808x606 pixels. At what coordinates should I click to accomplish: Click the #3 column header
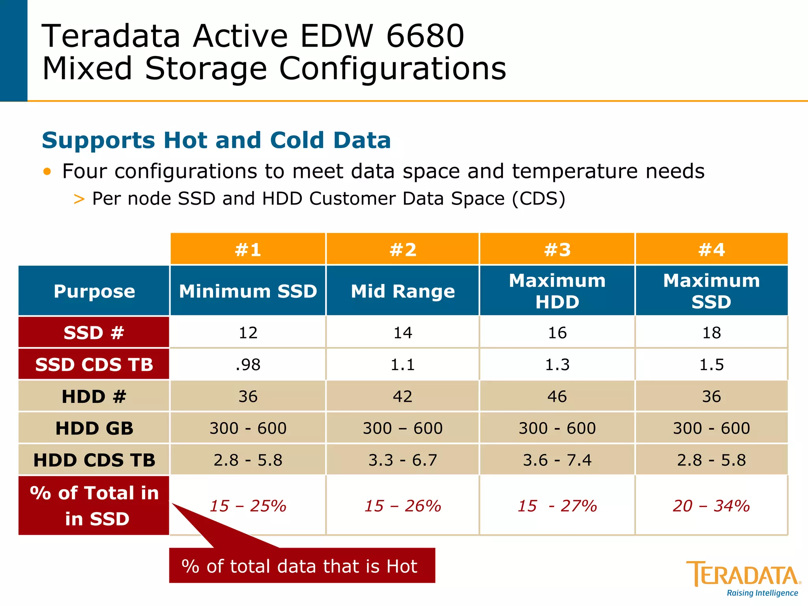click(x=557, y=249)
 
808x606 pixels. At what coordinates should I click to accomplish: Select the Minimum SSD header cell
click(x=248, y=291)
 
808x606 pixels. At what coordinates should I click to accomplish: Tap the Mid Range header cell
click(x=402, y=291)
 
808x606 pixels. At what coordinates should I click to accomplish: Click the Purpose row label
click(x=94, y=291)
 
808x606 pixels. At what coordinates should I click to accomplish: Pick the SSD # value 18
click(x=711, y=333)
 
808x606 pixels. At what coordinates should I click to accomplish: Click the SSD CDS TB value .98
click(x=248, y=365)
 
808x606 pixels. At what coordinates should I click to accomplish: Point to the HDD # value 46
click(x=557, y=396)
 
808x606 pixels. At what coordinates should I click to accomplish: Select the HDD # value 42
click(x=402, y=396)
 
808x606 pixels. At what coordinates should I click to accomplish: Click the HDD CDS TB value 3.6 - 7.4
click(x=557, y=460)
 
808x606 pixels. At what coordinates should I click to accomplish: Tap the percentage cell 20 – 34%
click(x=711, y=506)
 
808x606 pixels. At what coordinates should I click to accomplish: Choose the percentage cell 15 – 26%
click(x=402, y=506)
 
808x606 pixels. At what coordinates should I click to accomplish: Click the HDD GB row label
click(x=94, y=428)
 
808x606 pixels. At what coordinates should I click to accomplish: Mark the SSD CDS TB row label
click(x=94, y=365)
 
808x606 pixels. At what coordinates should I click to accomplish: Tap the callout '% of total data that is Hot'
click(x=302, y=566)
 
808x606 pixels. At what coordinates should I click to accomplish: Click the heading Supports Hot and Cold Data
click(x=216, y=140)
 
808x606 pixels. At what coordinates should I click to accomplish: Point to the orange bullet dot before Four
click(x=47, y=171)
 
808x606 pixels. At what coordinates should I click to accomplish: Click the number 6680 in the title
click(x=425, y=36)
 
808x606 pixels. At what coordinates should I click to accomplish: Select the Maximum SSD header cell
click(x=711, y=291)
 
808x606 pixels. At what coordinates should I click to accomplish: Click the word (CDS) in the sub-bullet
click(x=539, y=198)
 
